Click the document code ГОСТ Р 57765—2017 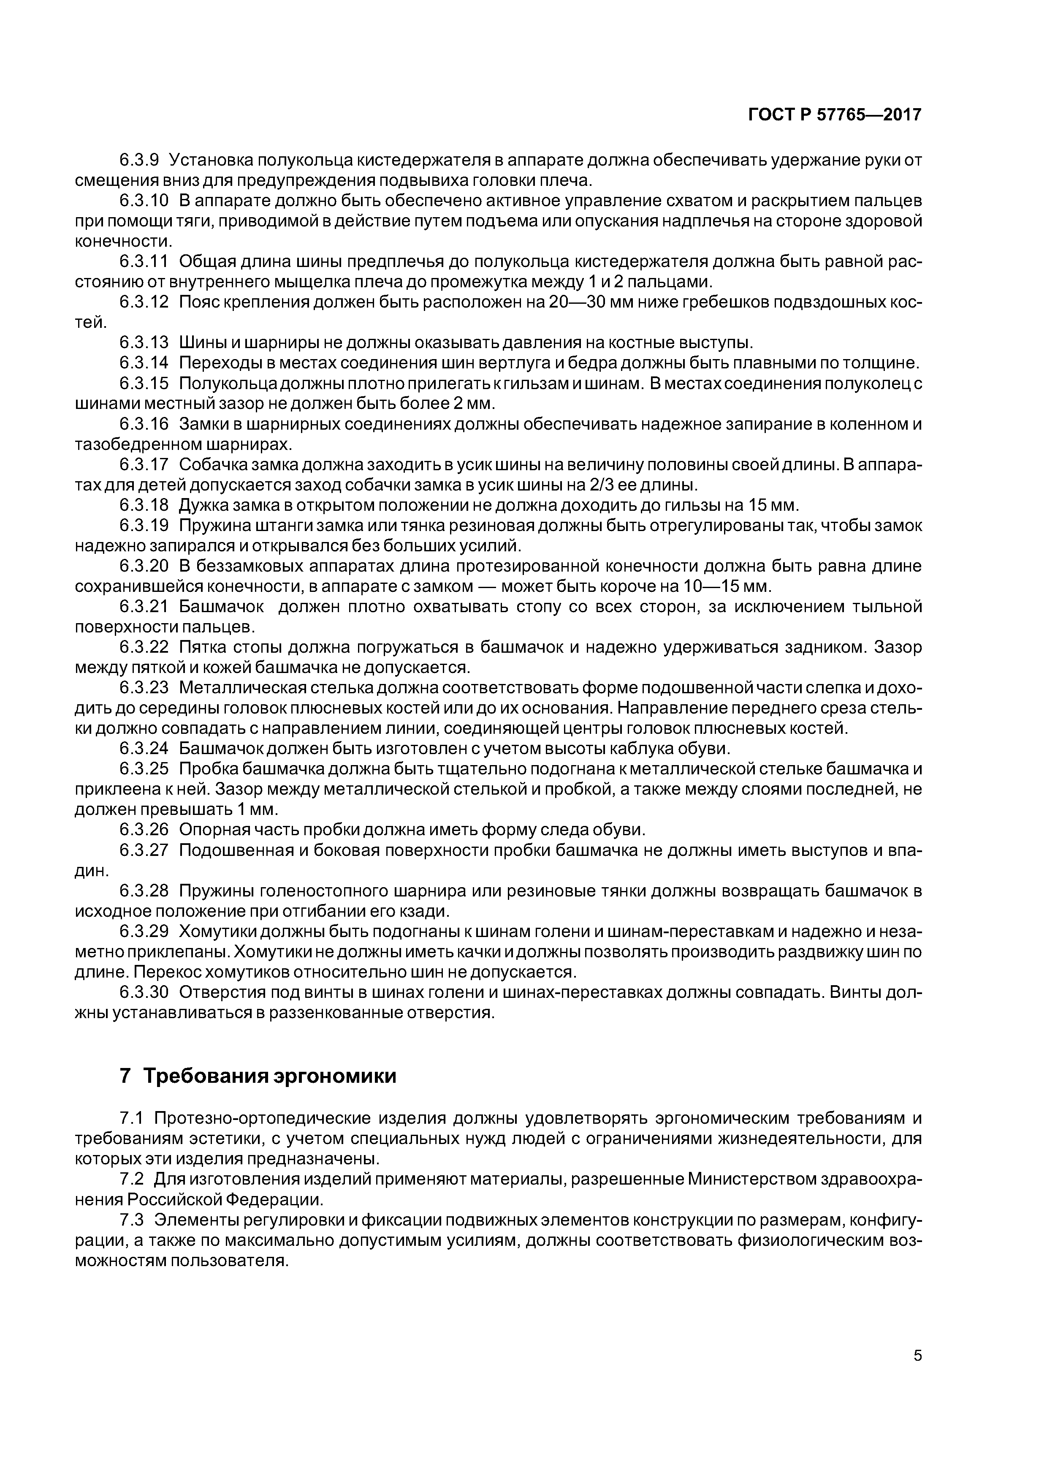835,115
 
